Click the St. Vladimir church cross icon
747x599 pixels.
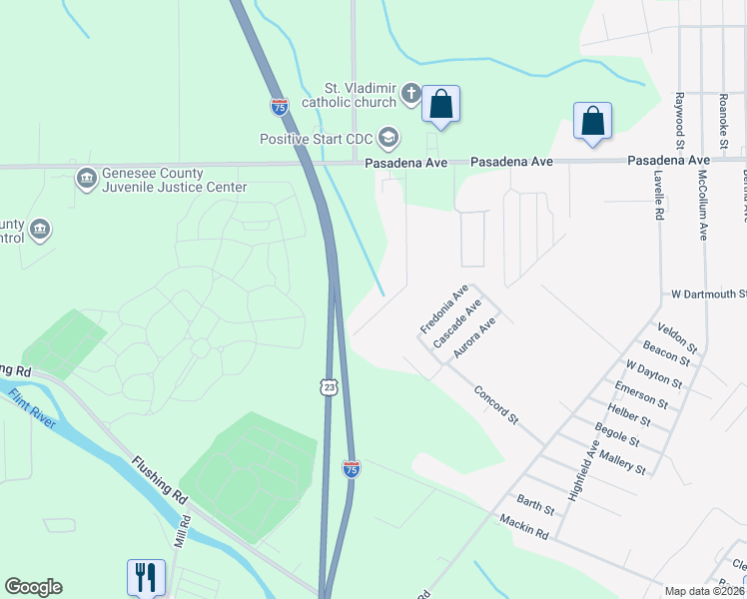tap(410, 94)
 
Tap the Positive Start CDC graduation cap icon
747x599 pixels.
tap(388, 138)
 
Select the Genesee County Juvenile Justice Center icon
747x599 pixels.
tap(86, 179)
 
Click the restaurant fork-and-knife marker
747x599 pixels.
tap(145, 576)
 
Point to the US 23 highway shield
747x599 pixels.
tap(329, 386)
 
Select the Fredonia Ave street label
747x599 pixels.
tap(444, 309)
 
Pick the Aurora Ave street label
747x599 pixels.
tap(474, 338)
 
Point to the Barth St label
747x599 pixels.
tap(535, 504)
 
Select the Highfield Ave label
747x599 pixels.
tap(583, 470)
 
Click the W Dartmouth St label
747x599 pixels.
tap(708, 295)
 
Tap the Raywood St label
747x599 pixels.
tap(678, 116)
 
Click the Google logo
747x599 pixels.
tap(33, 587)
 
